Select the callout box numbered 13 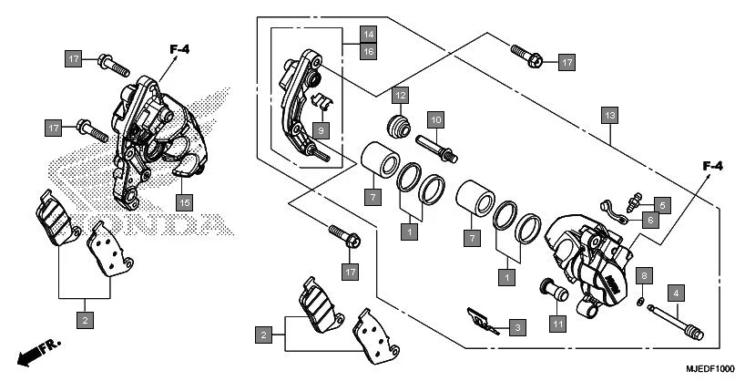pos(609,115)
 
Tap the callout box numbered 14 pos(368,35)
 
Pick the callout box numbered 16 pos(368,52)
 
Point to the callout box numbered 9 pos(320,131)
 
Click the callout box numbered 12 pos(401,95)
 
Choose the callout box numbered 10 pos(435,119)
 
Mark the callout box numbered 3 pos(516,327)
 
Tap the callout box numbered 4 pos(675,293)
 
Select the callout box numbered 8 pos(644,274)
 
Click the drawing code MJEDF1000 pos(709,369)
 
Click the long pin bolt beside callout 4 pos(678,321)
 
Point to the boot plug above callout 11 pos(553,289)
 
